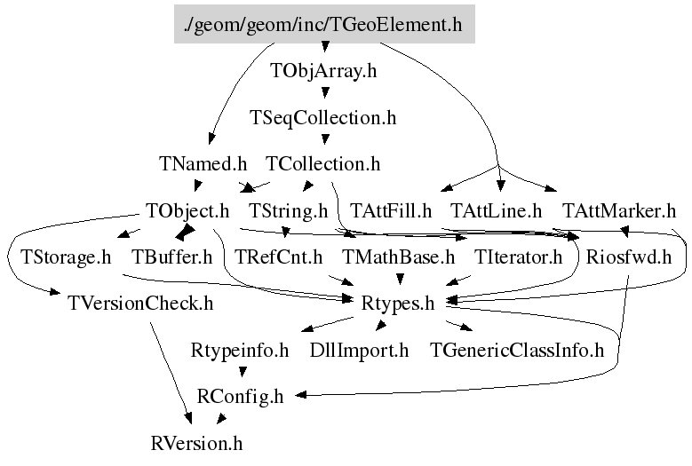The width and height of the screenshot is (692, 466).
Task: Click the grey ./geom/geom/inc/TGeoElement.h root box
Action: [x=323, y=24]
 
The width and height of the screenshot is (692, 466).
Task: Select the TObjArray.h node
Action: [x=323, y=72]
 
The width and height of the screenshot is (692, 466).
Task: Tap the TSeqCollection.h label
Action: [x=323, y=117]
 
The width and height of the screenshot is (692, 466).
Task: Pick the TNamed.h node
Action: [x=203, y=164]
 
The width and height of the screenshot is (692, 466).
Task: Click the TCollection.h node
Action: [x=323, y=164]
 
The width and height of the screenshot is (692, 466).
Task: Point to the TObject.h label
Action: [x=187, y=211]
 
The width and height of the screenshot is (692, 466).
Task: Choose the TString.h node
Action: [x=289, y=211]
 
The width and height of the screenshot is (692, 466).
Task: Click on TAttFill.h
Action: [x=391, y=211]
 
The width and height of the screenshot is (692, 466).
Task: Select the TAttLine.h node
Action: [x=497, y=211]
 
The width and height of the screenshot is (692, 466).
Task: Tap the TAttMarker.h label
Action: [x=619, y=211]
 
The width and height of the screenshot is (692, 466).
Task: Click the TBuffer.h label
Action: [x=172, y=258]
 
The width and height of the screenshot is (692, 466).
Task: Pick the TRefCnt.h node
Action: [x=278, y=258]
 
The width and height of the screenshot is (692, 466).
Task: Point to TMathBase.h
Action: [x=399, y=258]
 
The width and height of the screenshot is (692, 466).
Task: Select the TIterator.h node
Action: [x=519, y=258]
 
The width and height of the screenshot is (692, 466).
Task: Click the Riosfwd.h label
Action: [x=629, y=258]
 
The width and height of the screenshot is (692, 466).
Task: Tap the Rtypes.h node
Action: [x=399, y=304]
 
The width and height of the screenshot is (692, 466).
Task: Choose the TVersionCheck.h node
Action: [x=140, y=304]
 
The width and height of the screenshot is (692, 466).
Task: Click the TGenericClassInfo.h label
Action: [x=517, y=351]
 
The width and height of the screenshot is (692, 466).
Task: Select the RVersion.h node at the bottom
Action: [x=196, y=442]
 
